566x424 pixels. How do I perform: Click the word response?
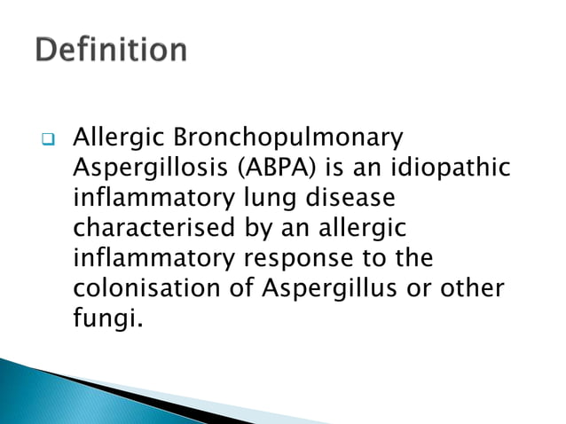(302, 259)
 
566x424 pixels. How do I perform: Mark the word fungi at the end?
(105, 318)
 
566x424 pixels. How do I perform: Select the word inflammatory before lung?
(142, 199)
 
